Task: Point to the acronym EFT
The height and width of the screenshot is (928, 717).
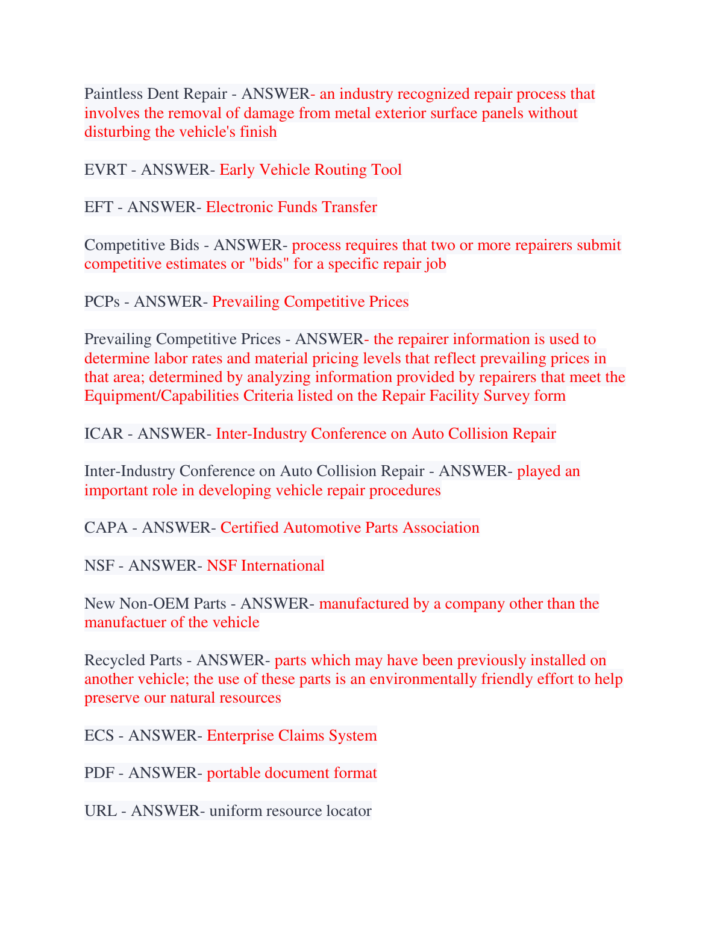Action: (x=99, y=207)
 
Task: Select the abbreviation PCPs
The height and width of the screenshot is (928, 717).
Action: (x=102, y=302)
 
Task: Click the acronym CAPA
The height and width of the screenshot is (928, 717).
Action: (x=106, y=528)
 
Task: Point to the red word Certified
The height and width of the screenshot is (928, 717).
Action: (x=249, y=528)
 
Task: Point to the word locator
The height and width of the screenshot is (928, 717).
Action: (x=349, y=811)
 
